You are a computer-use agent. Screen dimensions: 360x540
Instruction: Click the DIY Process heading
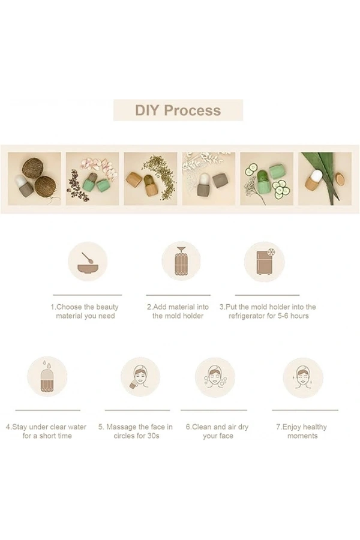tap(178, 110)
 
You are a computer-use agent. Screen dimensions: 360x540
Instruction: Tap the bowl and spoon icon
tap(88, 262)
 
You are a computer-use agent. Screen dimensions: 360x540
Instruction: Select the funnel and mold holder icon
tap(181, 261)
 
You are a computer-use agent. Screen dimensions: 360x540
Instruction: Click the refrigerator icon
tap(264, 262)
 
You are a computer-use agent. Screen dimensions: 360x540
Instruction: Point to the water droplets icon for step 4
tap(47, 377)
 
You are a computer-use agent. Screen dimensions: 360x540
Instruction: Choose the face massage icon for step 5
tap(140, 377)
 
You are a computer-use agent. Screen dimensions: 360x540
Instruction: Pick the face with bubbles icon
tap(215, 377)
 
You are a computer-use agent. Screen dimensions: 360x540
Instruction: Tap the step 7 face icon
tap(303, 377)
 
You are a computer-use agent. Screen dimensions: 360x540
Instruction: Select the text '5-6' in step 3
tap(284, 316)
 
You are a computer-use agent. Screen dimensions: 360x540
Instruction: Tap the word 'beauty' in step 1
tap(107, 307)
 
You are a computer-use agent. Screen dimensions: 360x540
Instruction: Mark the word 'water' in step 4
tap(77, 427)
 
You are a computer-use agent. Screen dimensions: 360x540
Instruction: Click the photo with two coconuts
tap(34, 179)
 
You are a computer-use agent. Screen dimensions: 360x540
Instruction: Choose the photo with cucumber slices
tap(266, 179)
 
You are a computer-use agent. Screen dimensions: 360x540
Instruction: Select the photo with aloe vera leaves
tap(325, 179)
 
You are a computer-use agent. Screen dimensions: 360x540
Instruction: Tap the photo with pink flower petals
tap(92, 179)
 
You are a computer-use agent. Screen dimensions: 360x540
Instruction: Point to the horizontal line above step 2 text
tap(178, 295)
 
